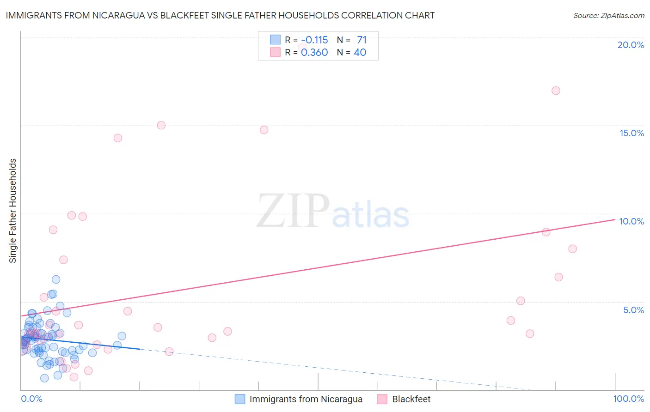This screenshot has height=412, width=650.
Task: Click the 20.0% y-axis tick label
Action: click(631, 45)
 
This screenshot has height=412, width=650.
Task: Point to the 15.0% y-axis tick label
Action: click(632, 133)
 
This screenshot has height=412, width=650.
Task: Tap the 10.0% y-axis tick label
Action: click(632, 221)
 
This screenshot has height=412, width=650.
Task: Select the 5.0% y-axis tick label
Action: click(633, 310)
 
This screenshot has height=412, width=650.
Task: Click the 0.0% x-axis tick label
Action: click(31, 399)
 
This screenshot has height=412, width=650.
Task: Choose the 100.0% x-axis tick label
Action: click(628, 399)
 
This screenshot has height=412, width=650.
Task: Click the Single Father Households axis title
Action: click(13, 211)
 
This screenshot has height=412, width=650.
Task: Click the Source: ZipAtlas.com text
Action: click(608, 16)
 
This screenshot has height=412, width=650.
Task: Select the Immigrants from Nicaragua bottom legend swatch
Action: click(240, 399)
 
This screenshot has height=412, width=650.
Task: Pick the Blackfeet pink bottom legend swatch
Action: click(382, 399)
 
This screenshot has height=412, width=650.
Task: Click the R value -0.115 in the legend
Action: click(314, 40)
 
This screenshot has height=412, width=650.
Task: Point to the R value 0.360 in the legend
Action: click(314, 53)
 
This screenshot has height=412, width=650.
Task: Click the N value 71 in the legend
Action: click(362, 40)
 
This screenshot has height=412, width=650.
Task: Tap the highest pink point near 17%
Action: click(556, 91)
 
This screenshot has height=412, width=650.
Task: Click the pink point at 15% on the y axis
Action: click(161, 125)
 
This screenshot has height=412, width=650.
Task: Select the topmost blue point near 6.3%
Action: click(56, 279)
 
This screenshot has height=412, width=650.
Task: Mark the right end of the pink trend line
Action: click(615, 219)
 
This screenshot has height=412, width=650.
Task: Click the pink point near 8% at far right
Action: click(572, 249)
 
